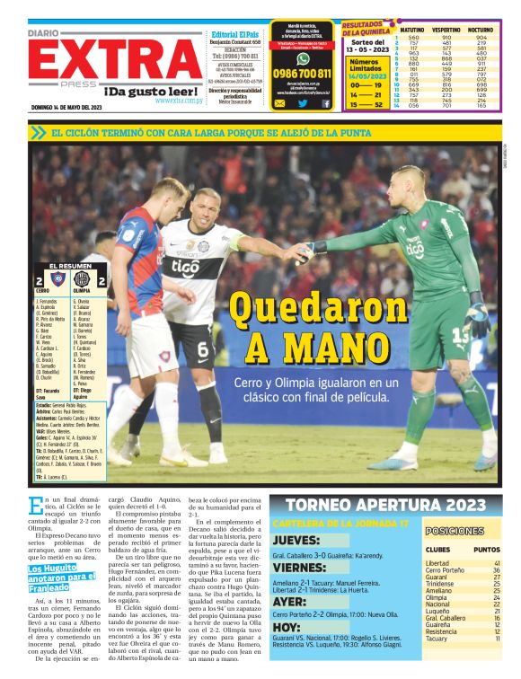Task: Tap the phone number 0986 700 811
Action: pos(302,74)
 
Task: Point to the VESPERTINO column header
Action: pos(446,30)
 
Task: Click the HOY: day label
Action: pos(286,627)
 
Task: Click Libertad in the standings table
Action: pos(437,563)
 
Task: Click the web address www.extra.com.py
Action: pos(178,101)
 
